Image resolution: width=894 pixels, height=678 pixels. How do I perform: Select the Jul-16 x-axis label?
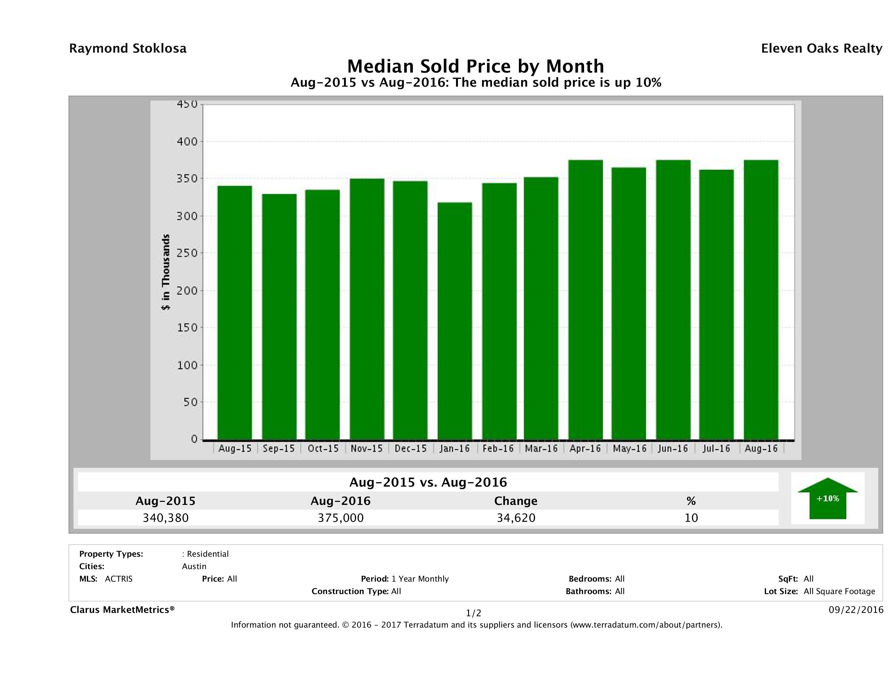[716, 448]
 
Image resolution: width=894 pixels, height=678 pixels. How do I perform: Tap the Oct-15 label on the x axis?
[323, 448]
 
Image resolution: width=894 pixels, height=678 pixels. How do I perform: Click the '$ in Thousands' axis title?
[166, 272]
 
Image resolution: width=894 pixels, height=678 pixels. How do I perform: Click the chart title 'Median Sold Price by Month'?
[475, 66]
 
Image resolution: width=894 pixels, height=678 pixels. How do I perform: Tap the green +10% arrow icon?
[827, 499]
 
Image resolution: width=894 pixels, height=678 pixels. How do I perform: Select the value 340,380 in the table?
[166, 518]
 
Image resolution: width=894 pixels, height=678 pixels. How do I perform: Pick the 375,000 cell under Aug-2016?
[341, 518]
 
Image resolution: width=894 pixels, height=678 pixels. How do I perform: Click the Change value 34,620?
[516, 518]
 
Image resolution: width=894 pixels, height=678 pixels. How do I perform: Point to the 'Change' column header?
[516, 501]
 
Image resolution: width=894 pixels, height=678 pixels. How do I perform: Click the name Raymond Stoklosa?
[128, 48]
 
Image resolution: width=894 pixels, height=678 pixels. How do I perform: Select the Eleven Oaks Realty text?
[821, 48]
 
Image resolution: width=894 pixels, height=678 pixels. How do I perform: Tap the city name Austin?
[194, 566]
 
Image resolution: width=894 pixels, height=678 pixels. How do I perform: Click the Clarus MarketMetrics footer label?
[122, 610]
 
